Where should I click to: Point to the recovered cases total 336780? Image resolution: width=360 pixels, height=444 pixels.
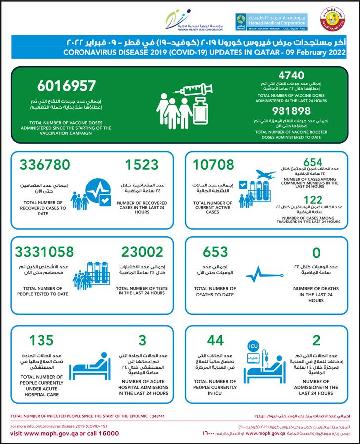(x=45, y=164)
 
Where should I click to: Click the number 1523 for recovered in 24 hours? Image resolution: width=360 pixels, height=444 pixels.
(x=141, y=164)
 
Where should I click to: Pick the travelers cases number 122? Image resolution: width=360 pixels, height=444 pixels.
(x=312, y=199)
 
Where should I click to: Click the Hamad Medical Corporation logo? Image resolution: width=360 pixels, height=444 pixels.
(x=271, y=20)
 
